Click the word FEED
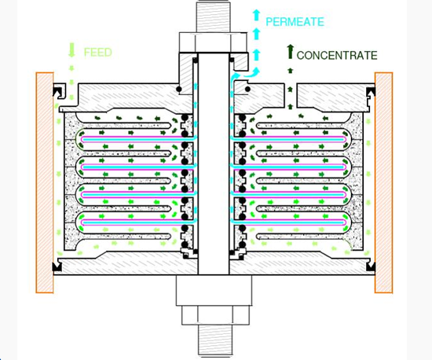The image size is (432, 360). (98, 53)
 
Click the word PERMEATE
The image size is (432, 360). (295, 22)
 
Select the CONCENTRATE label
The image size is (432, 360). (337, 55)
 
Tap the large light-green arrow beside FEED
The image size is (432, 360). (71, 50)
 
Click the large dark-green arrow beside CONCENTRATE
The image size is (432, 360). (290, 52)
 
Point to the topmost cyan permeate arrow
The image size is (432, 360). (257, 15)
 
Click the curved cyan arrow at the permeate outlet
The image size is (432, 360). (247, 73)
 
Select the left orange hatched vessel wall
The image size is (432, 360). (45, 182)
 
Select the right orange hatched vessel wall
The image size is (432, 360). (383, 182)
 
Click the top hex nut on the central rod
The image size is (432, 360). (213, 42)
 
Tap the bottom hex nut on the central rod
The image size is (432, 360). (215, 315)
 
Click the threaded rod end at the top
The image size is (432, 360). (213, 17)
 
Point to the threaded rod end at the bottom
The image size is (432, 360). (214, 340)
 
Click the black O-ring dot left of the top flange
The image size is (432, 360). (179, 89)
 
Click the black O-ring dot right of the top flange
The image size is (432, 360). (247, 89)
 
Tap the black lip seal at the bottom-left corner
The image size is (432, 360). (57, 266)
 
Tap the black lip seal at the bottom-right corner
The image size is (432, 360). (371, 266)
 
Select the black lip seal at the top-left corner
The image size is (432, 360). (58, 92)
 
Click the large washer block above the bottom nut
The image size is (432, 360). (214, 291)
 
